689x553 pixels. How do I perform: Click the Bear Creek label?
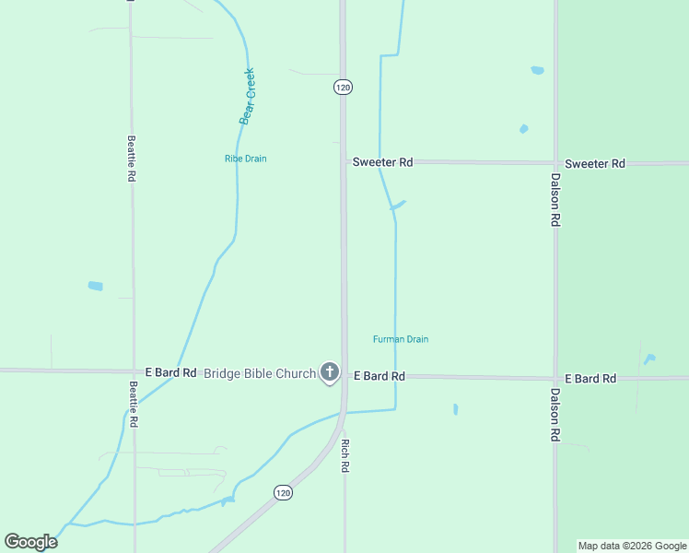[247, 96]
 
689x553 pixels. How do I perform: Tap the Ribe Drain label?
[245, 159]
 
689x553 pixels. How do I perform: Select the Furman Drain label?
[401, 339]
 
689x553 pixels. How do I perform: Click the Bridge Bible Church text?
[259, 373]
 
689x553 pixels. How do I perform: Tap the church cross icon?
[330, 373]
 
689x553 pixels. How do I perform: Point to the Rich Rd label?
[345, 455]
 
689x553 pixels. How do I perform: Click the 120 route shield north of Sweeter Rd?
[343, 87]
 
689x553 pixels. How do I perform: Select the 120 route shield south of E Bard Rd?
[283, 493]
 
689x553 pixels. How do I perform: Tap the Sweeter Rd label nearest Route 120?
[382, 162]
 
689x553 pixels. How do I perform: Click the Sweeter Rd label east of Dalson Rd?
[595, 163]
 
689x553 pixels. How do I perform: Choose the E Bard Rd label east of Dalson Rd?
[590, 379]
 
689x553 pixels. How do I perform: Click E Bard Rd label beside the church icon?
[379, 376]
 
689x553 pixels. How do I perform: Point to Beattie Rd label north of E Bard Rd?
[132, 159]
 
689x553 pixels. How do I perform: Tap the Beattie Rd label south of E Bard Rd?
[134, 404]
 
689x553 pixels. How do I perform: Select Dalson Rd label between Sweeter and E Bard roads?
[555, 200]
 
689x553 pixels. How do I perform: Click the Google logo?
[30, 542]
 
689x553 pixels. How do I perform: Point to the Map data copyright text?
[632, 546]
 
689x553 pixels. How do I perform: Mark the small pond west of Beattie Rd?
[95, 286]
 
